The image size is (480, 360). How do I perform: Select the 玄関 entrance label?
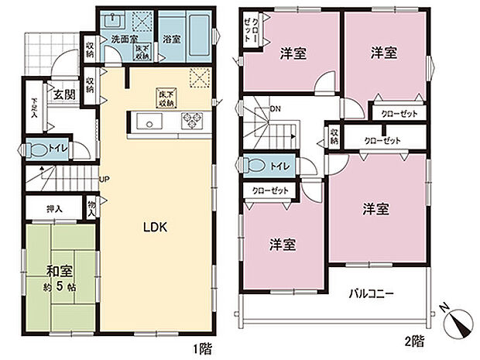coord(63,95)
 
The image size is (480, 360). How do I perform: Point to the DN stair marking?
coord(275,108)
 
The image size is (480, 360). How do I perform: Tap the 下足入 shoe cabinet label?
coord(33,111)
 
